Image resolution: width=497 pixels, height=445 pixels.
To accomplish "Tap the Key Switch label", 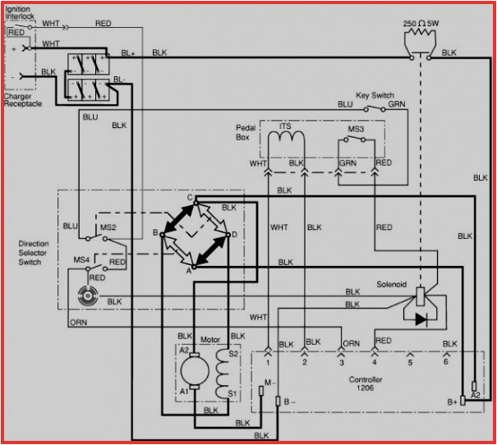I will coord(376,95).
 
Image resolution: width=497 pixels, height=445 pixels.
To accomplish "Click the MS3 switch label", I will coord(356,129).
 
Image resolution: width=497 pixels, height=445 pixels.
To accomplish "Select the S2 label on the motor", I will coord(232,353).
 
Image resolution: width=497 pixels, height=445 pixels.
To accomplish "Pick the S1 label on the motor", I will coord(232,393).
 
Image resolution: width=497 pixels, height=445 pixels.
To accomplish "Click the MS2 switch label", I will coord(108,226).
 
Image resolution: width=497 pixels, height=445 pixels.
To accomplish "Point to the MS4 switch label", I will coord(82,260).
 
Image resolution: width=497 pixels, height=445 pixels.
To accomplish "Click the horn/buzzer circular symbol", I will coord(85,296).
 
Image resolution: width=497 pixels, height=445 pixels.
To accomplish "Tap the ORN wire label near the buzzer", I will coord(79,321).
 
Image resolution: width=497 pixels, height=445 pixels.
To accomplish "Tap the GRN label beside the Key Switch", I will coord(397,104).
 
